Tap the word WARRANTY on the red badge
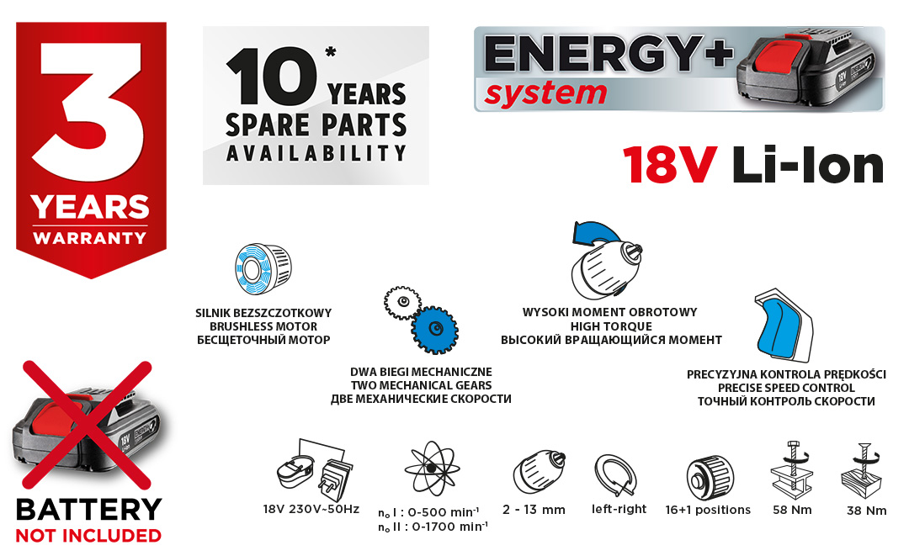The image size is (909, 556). [90, 238]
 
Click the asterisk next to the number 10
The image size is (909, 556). [331, 53]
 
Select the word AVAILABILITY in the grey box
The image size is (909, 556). [316, 153]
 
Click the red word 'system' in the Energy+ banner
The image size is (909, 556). [545, 94]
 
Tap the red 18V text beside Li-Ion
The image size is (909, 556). [670, 166]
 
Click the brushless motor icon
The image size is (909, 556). [263, 268]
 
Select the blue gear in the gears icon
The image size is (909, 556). [435, 330]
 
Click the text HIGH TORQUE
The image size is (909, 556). [611, 326]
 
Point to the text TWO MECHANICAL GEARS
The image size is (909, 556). [421, 385]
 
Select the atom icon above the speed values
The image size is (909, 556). [432, 468]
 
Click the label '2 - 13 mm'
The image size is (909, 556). [534, 510]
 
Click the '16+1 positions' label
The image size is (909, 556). [708, 510]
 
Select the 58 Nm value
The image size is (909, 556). [792, 511]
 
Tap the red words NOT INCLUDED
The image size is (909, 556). [88, 536]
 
